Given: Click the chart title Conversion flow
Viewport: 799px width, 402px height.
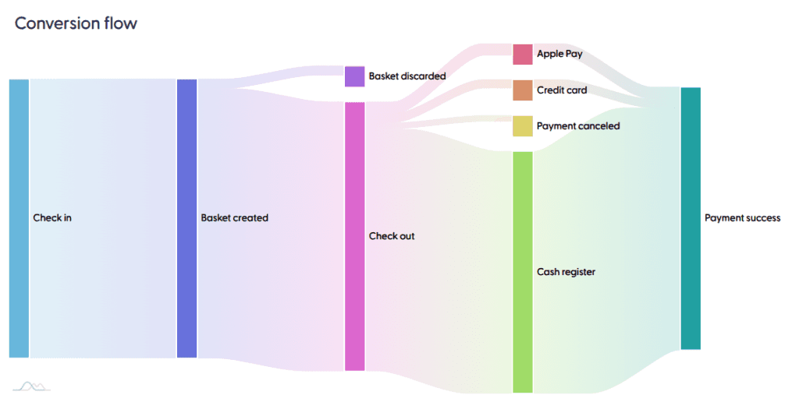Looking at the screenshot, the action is click(76, 23).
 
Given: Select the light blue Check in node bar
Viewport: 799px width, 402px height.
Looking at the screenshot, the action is click(19, 218).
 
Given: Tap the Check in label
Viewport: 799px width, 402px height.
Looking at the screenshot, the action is click(52, 218).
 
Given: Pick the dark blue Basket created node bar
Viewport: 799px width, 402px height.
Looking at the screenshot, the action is click(187, 218).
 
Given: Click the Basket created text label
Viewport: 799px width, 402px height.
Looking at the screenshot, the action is click(234, 218).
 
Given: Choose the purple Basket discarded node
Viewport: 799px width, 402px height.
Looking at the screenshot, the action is click(354, 76).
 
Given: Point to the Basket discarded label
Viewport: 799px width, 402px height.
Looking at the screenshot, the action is click(407, 76).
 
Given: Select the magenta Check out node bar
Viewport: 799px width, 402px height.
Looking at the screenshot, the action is click(354, 236).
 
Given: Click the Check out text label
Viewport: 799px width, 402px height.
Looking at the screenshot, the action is click(392, 236).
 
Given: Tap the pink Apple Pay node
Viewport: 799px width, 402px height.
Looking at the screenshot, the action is click(523, 55).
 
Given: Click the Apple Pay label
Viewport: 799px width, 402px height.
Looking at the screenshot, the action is click(559, 55).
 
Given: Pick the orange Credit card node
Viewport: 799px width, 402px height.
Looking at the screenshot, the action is click(523, 90).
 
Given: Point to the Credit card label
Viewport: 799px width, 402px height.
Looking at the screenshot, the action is click(562, 90).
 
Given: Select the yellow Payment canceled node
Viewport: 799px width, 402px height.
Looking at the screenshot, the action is click(523, 126).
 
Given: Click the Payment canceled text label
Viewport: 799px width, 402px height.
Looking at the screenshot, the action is click(578, 126).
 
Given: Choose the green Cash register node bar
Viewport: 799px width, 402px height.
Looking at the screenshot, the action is click(523, 272).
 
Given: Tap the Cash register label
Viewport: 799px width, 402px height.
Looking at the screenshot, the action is click(566, 272).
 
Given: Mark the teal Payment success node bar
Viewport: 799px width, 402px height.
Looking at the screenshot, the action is click(691, 218).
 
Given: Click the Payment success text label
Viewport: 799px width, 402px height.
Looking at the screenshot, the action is click(742, 218).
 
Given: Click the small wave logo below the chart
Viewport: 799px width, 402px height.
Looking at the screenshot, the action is click(31, 385).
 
